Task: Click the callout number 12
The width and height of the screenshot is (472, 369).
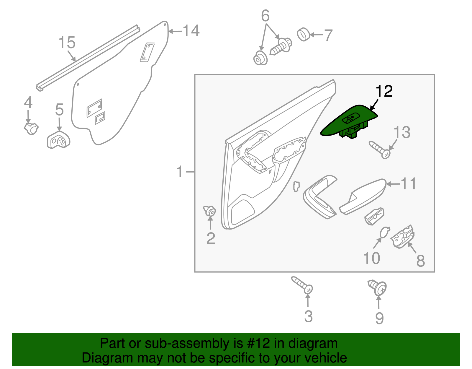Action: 384,92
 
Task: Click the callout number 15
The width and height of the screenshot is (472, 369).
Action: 67,43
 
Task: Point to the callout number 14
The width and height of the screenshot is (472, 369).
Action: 191,31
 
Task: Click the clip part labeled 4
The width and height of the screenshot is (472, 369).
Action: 31,128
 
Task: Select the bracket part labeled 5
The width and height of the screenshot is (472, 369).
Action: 58,140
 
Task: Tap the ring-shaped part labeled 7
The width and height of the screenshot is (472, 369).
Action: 303,35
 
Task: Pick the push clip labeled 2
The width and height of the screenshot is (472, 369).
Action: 210,211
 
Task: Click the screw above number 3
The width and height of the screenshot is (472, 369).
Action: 302,285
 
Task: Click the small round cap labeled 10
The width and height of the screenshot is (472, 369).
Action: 384,233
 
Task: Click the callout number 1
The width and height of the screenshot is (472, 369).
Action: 180,172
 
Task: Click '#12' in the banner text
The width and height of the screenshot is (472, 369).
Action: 258,343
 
